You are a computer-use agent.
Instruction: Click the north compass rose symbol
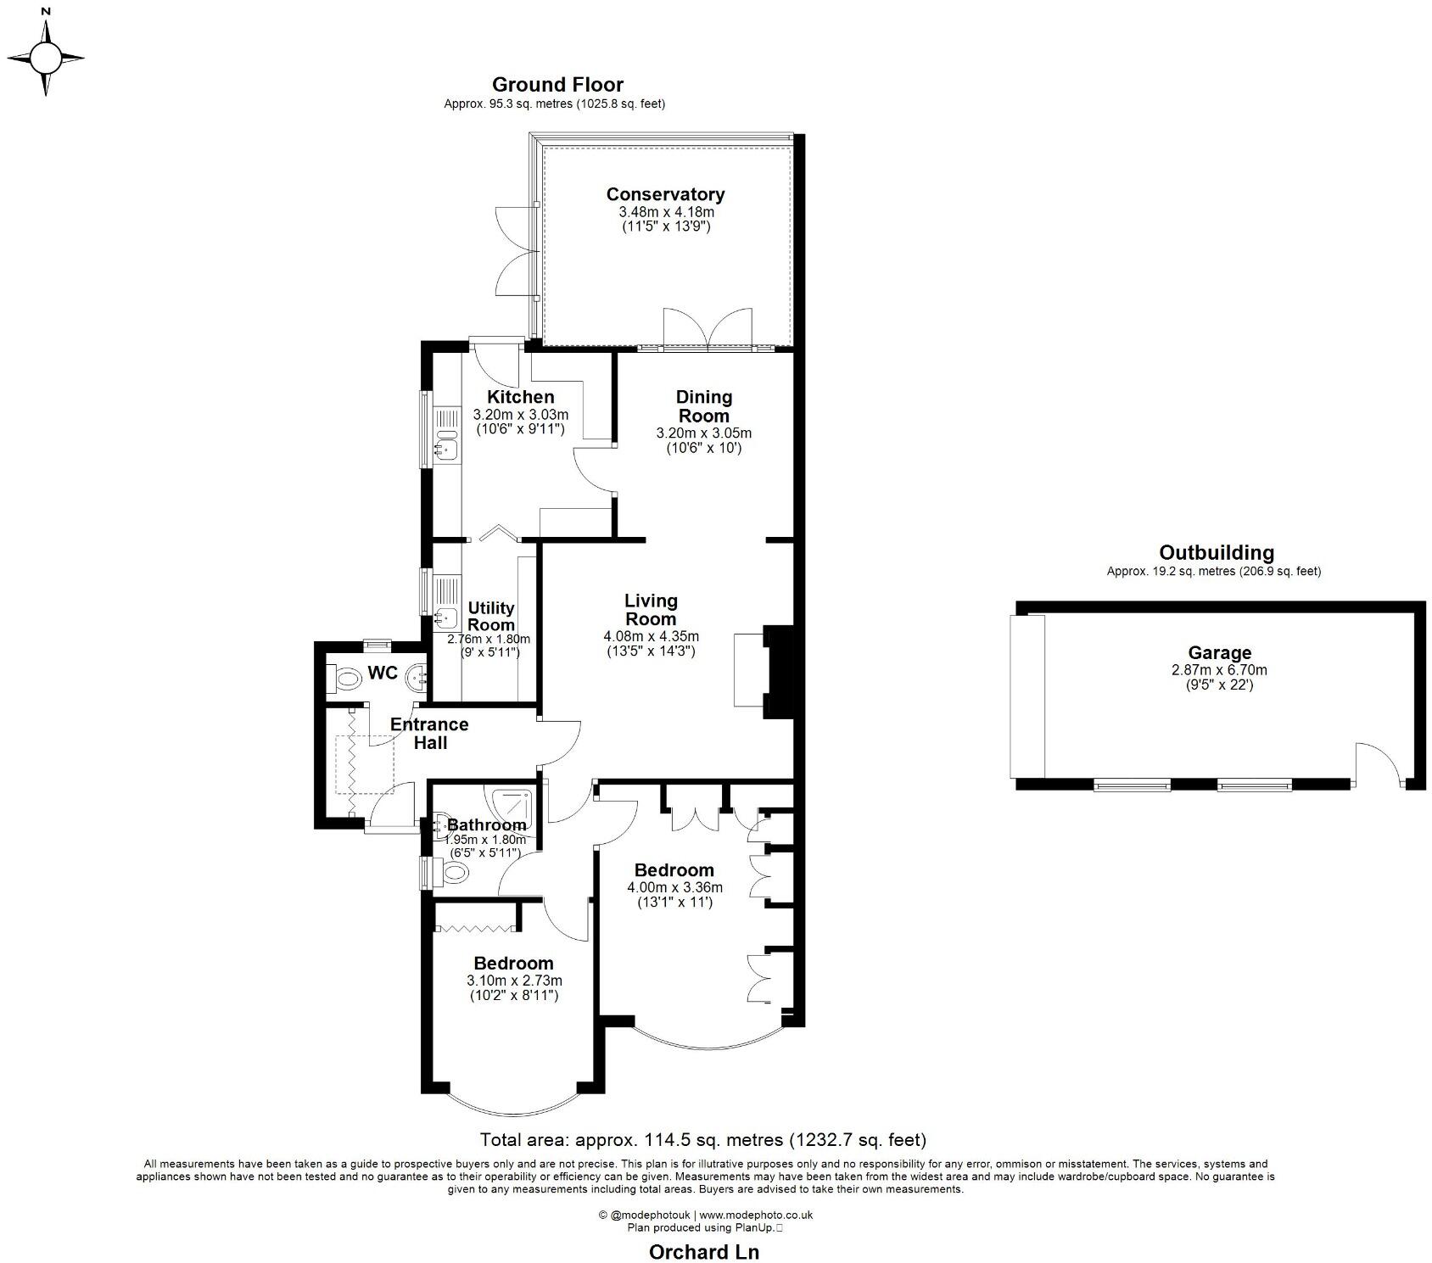pyautogui.click(x=47, y=58)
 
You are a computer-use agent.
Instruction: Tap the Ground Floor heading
pyautogui.click(x=557, y=85)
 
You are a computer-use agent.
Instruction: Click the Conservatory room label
pyautogui.click(x=665, y=194)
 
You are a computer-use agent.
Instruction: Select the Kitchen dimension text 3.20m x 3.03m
pyautogui.click(x=520, y=415)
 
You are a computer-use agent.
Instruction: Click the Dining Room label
pyautogui.click(x=703, y=406)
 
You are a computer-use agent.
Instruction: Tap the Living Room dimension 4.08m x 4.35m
pyautogui.click(x=651, y=636)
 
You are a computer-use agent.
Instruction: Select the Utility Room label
pyautogui.click(x=491, y=616)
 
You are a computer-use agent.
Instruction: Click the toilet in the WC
pyautogui.click(x=345, y=679)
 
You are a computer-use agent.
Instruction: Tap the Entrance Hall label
pyautogui.click(x=429, y=734)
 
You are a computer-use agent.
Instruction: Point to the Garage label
pyautogui.click(x=1219, y=653)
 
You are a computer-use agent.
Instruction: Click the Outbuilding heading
pyautogui.click(x=1216, y=553)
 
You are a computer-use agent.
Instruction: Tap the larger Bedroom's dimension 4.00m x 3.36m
pyautogui.click(x=674, y=888)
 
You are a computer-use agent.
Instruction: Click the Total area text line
pyautogui.click(x=702, y=1140)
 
